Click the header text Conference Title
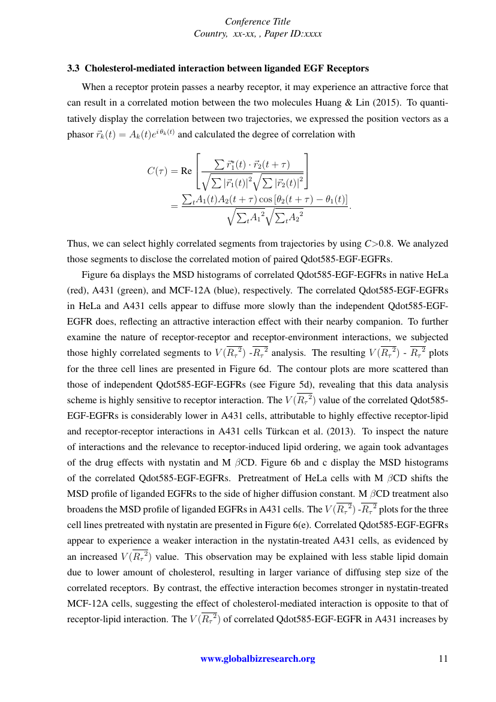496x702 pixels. [258, 22]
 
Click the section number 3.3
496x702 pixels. [73, 68]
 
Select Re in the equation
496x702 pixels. [187, 170]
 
